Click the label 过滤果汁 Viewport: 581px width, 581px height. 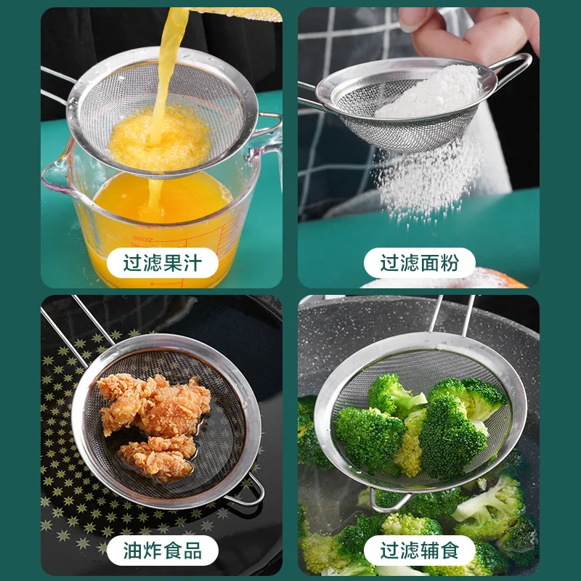162,263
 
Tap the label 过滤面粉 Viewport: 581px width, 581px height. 419,263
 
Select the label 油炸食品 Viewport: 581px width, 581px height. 162,550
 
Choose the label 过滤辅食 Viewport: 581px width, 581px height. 419,550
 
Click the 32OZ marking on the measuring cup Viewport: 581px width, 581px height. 144,237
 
